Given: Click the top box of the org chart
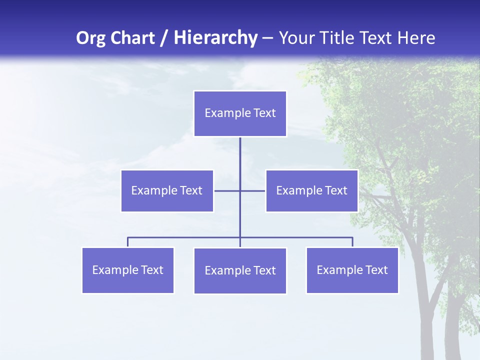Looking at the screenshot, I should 240,113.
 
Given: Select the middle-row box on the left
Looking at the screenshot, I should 167,190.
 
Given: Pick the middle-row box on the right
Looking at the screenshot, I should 311,190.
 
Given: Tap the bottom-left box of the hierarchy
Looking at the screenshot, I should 127,270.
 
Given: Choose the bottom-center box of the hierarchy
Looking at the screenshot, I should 240,270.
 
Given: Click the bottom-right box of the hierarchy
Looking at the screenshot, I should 352,270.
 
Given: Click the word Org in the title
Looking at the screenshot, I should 90,38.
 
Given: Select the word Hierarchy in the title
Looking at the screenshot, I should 215,38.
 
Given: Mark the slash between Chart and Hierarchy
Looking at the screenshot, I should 164,38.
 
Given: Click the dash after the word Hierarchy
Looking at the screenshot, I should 267,38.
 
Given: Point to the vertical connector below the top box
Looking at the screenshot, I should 240,152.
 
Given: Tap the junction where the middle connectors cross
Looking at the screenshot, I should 240,190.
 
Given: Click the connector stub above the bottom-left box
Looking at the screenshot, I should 127,242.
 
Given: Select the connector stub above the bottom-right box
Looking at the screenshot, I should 352,242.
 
